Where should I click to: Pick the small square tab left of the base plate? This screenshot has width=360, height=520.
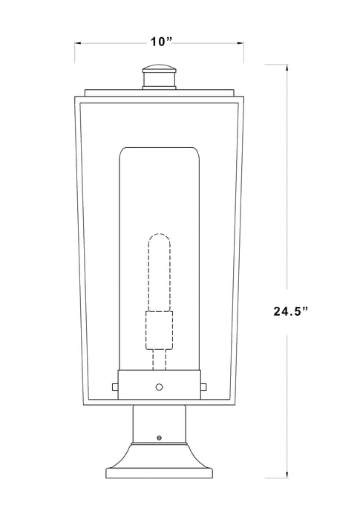[113, 386]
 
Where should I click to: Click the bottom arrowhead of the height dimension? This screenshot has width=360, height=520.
[287, 495]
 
